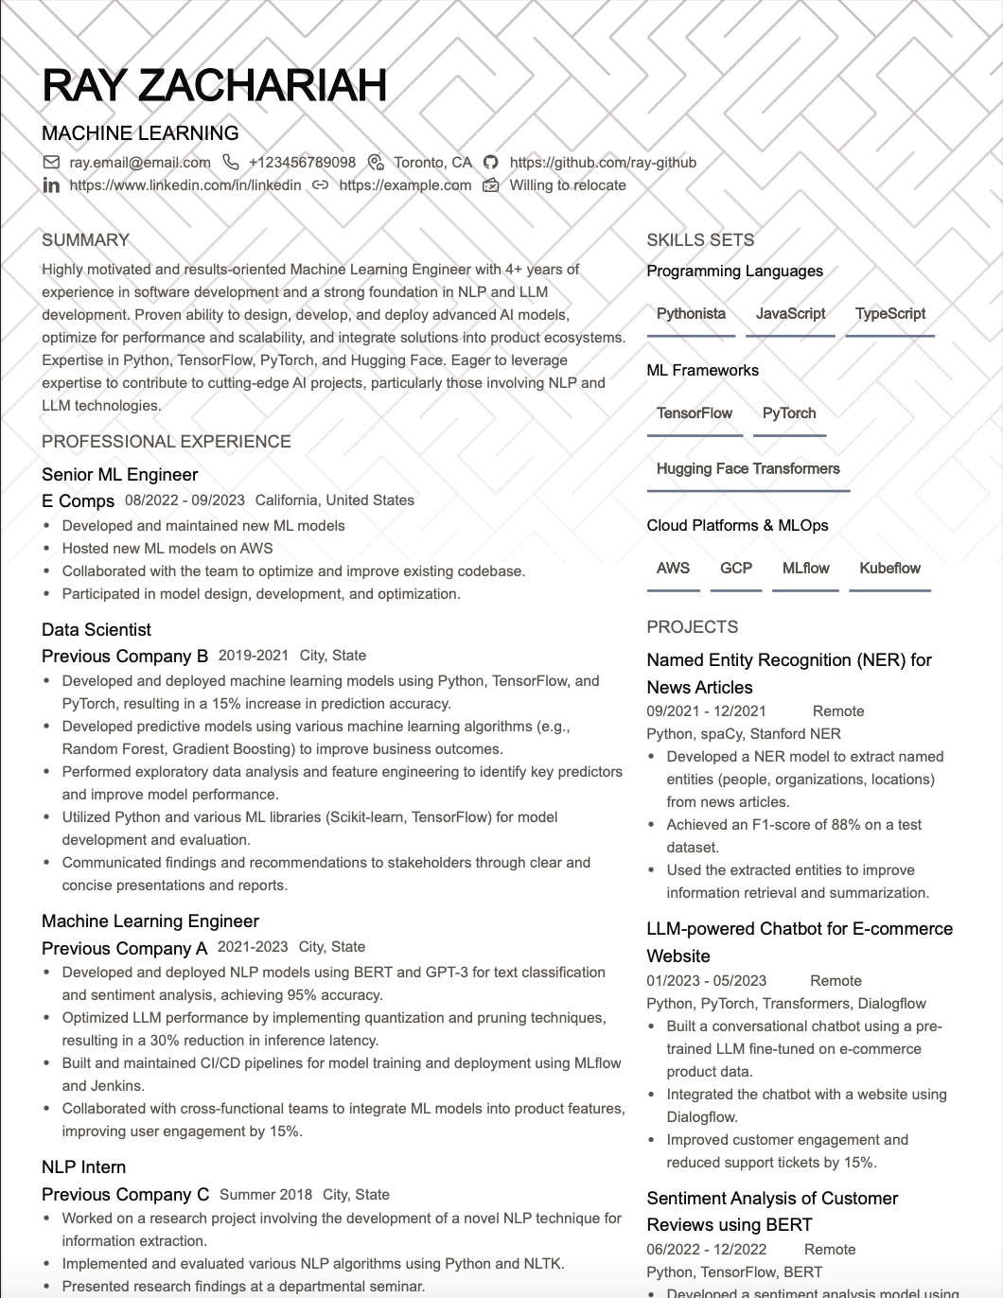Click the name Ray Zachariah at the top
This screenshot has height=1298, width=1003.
[215, 85]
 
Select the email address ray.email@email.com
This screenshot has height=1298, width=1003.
[139, 163]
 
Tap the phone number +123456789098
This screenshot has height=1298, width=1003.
[302, 163]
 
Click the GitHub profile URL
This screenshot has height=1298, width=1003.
[603, 163]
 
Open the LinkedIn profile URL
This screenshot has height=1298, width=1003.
[185, 185]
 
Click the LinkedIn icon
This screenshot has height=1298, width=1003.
[51, 185]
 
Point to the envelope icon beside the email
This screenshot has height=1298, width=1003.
[51, 163]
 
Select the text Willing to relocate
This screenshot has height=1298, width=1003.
[568, 185]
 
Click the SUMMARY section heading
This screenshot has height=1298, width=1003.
[85, 240]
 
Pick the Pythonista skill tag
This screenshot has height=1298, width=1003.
[691, 314]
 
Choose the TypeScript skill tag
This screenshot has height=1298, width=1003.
[890, 314]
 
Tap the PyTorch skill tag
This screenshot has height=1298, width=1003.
[789, 413]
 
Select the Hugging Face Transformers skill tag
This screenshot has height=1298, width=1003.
[748, 469]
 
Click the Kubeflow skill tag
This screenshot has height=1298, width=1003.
[889, 569]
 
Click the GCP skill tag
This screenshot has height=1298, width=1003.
[736, 569]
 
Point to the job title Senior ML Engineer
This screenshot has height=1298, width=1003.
[120, 475]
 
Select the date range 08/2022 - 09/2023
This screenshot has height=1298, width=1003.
[185, 500]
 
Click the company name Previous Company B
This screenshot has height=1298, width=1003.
[125, 657]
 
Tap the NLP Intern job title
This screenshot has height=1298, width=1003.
[83, 1167]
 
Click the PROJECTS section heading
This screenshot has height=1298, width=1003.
[692, 627]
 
